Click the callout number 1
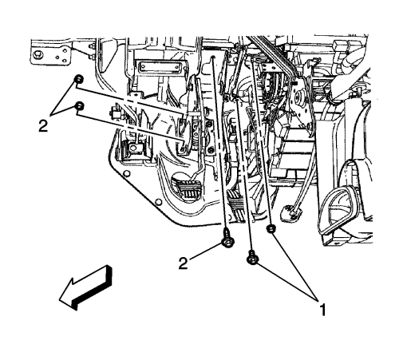click(322, 310)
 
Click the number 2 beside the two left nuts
click(43, 126)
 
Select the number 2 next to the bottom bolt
click(183, 263)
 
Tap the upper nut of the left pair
click(79, 79)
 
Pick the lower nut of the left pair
click(79, 106)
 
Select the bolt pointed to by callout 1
click(252, 258)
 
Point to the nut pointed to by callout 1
click(271, 228)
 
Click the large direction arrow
click(85, 287)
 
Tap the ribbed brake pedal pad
click(187, 188)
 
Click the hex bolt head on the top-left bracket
click(37, 55)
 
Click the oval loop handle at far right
click(338, 209)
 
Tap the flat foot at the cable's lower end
click(291, 212)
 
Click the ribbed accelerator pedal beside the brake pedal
click(236, 207)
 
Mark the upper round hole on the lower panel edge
click(127, 174)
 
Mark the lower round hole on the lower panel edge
click(159, 202)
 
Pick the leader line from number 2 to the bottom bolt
click(205, 251)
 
